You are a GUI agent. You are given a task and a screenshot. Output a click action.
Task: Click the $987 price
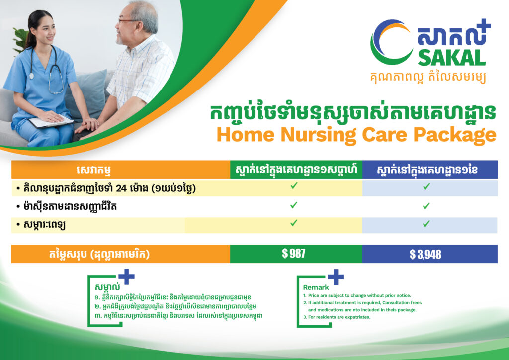tap(293, 253)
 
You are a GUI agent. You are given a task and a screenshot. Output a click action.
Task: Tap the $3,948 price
tap(425, 254)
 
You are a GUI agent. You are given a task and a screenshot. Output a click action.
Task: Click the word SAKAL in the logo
tap(451, 59)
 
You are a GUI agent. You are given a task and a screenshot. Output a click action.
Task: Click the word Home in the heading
tap(246, 134)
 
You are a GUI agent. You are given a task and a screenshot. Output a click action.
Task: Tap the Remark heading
tap(316, 287)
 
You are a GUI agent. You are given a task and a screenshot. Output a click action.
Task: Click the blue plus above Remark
tap(336, 277)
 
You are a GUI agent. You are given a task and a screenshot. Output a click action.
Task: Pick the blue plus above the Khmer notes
tap(126, 276)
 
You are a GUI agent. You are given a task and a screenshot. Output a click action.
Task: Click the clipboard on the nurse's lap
tap(51, 121)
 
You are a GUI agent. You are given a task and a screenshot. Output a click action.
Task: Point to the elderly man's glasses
tap(127, 21)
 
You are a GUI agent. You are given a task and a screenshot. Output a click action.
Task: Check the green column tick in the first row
tap(294, 185)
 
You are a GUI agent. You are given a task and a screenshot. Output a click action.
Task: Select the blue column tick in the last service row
tap(426, 224)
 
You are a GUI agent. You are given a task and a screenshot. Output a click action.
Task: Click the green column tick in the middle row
tap(294, 205)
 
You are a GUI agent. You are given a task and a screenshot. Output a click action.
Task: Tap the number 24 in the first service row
tap(121, 188)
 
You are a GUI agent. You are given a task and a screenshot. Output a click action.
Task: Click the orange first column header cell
tap(121, 170)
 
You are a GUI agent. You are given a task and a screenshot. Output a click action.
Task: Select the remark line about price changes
tap(357, 295)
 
